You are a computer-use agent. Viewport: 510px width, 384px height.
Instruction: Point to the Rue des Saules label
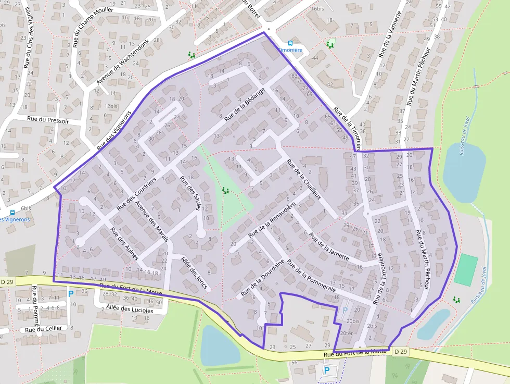click(x=190, y=193)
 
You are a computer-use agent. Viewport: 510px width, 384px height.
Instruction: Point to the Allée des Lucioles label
click(x=130, y=310)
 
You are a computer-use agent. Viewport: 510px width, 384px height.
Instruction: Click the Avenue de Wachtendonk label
click(x=123, y=62)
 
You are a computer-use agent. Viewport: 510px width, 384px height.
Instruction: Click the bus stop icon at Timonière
click(x=290, y=43)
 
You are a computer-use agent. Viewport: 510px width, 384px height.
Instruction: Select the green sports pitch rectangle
click(x=465, y=269)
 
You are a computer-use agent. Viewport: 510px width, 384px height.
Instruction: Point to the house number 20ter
click(x=347, y=333)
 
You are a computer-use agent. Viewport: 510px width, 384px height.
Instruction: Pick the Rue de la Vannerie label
click(x=390, y=34)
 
